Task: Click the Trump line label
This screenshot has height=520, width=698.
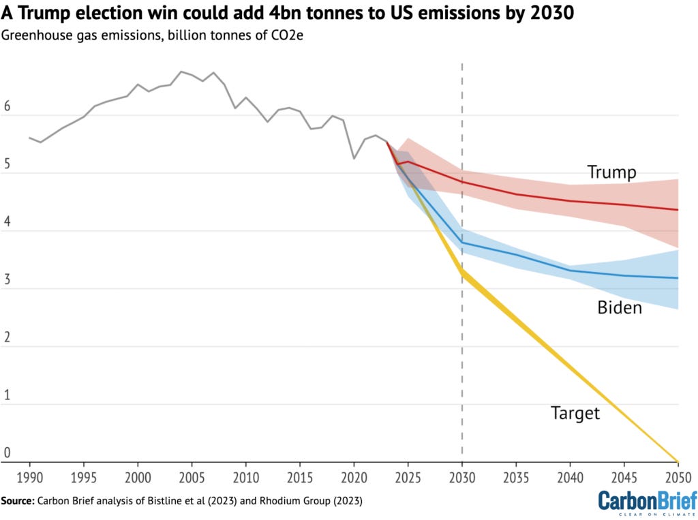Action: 611,172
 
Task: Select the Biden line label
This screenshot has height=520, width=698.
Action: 620,307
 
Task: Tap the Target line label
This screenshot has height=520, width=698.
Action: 575,413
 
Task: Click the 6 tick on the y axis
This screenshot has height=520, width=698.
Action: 7,107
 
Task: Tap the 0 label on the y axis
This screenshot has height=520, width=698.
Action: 7,453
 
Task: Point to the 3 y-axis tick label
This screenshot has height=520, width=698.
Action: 7,280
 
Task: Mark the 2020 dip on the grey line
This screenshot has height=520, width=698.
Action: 354,158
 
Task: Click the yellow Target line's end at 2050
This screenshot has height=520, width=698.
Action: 678,461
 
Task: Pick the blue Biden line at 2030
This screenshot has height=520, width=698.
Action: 462,243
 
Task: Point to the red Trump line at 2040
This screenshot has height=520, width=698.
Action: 570,200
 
